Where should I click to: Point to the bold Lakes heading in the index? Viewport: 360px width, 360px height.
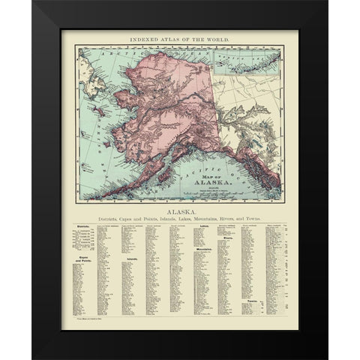tap(200, 232)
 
